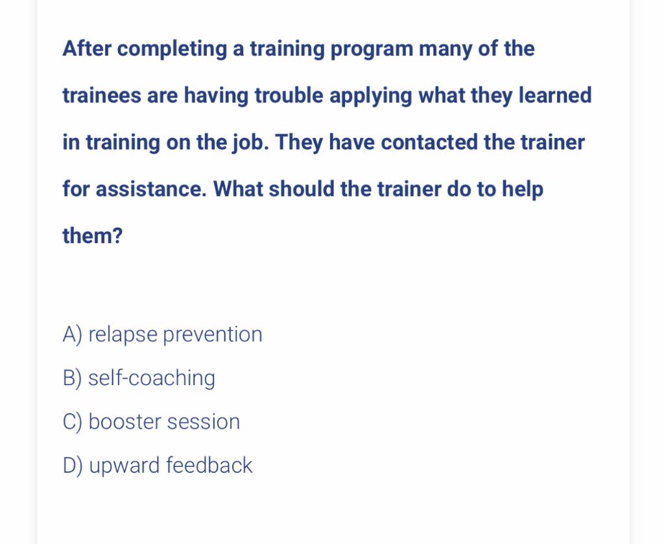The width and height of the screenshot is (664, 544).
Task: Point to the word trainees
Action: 101,95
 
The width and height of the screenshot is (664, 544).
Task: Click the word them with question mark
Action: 92,236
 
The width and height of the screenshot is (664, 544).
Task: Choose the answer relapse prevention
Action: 175,335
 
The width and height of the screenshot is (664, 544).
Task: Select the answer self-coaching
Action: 151,378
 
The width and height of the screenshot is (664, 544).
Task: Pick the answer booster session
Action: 164,421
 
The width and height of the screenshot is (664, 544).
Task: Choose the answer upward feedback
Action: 171,465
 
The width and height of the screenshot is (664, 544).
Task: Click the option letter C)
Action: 72,421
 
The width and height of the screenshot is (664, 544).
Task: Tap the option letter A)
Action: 72,335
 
